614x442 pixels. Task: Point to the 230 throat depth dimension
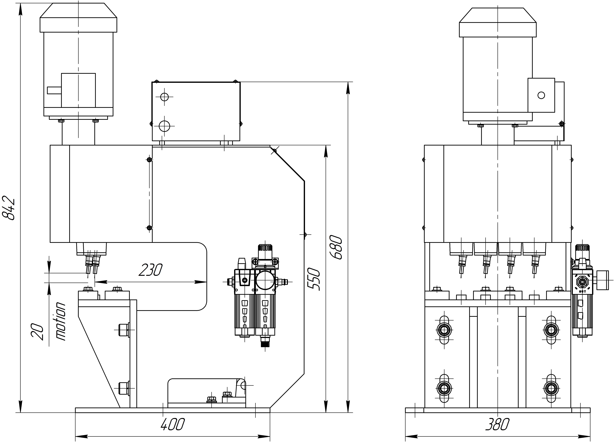pos(150,270)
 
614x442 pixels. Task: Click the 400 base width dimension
pos(172,424)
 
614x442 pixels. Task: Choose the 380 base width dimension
pos(497,424)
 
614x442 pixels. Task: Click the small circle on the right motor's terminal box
pos(541,95)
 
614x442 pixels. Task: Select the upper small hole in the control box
pos(164,97)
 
